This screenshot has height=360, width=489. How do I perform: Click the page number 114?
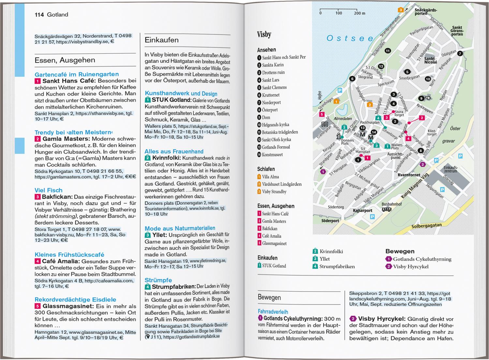[39, 15]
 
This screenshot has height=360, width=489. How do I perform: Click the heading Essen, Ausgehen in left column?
[65, 60]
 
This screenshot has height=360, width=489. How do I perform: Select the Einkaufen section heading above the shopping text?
[162, 40]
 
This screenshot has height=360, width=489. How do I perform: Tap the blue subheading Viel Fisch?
[49, 190]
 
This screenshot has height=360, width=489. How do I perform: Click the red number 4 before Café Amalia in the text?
[37, 261]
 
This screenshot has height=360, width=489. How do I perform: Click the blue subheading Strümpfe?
[158, 280]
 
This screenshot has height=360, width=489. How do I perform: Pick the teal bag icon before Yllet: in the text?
[148, 235]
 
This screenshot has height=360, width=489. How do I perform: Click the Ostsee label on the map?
[350, 38]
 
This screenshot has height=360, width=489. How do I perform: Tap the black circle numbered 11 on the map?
[388, 51]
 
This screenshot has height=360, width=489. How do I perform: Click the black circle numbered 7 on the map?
[460, 53]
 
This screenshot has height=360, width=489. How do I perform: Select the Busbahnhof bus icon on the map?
[387, 209]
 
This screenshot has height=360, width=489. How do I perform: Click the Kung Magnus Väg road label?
[415, 186]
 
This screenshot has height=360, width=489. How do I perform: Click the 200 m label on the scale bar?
[360, 13]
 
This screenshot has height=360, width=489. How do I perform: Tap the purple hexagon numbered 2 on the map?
[423, 164]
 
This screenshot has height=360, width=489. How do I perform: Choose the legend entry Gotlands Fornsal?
[275, 147]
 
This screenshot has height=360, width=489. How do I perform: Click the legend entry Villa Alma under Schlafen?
[270, 177]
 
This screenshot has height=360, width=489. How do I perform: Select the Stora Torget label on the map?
[399, 113]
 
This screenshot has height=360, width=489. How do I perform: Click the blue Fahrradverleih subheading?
[273, 312]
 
